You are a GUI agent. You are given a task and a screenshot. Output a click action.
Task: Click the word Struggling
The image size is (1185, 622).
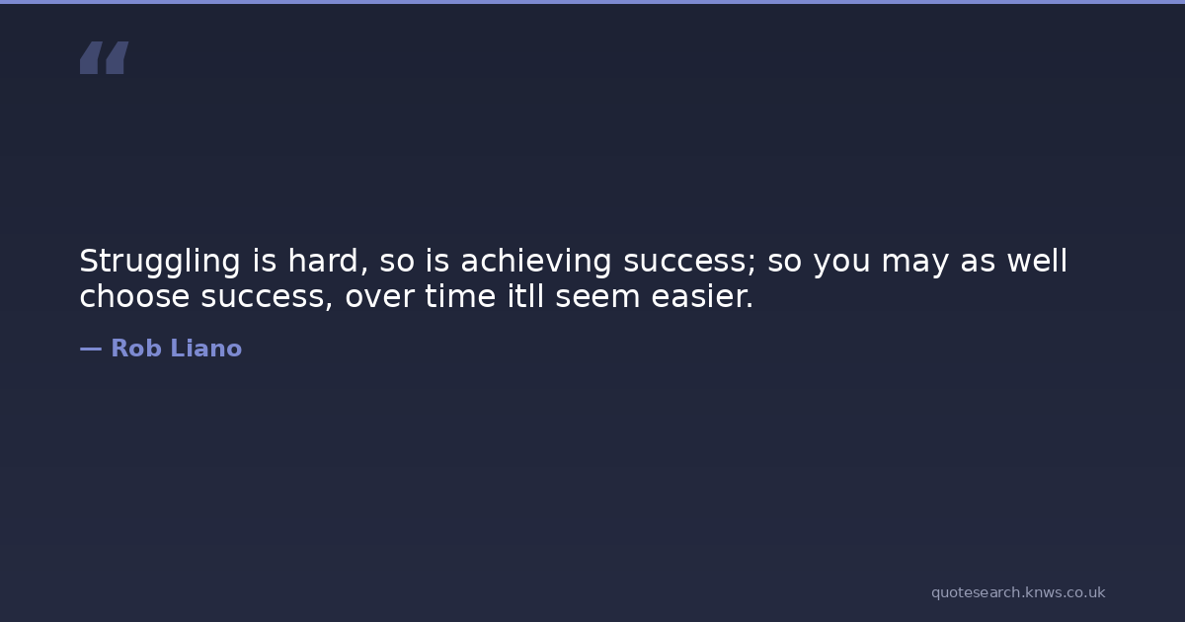tap(160, 263)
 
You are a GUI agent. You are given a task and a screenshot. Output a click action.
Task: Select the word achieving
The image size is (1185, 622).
tap(536, 263)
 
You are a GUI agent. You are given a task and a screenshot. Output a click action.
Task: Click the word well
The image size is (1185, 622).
tap(1037, 262)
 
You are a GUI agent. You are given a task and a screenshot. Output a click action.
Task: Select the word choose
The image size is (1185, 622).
tap(134, 296)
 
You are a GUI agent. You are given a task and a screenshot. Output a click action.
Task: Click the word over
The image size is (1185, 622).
tap(380, 297)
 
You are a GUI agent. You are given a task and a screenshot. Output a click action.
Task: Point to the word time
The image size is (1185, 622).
tap(460, 296)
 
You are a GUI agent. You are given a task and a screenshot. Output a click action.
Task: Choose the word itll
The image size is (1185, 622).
tap(525, 296)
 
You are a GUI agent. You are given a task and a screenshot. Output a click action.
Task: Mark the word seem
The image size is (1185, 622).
tap(597, 297)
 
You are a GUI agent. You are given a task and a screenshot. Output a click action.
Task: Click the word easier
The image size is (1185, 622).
tap(702, 296)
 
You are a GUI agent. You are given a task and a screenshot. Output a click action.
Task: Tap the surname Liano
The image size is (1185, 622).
tap(206, 348)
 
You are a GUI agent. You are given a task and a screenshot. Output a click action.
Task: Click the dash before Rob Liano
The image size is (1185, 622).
tap(91, 349)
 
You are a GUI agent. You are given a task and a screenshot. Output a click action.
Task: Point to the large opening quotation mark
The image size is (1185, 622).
tap(105, 57)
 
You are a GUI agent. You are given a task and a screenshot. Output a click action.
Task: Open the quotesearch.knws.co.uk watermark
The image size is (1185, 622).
tap(1018, 592)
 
